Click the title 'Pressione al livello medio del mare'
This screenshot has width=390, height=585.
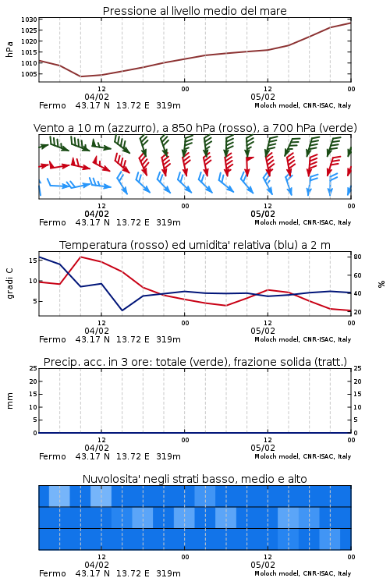tap(194, 11)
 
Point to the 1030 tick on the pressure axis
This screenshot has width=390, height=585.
tap(29, 19)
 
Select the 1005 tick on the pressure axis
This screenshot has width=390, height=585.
tap(29, 74)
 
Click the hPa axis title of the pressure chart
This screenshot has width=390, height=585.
tap(9, 49)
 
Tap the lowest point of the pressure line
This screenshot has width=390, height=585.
tap(80, 76)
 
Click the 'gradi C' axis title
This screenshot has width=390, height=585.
tap(9, 284)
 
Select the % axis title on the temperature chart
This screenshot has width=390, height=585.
tap(381, 284)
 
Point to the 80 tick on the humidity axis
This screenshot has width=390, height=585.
tap(357, 257)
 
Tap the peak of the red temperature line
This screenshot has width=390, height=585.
tap(80, 257)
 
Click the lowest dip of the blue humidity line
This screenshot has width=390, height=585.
tap(122, 310)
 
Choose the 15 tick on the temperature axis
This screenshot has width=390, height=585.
tap(33, 260)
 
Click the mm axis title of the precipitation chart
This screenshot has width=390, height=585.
tap(9, 401)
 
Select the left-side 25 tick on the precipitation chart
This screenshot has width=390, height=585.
tap(34, 368)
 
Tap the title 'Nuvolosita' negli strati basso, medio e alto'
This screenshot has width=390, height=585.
tap(194, 479)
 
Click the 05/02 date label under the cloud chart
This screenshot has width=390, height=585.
tap(263, 565)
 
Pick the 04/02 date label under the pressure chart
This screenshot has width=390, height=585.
tap(97, 97)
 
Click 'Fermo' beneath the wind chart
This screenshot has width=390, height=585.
tap(52, 222)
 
